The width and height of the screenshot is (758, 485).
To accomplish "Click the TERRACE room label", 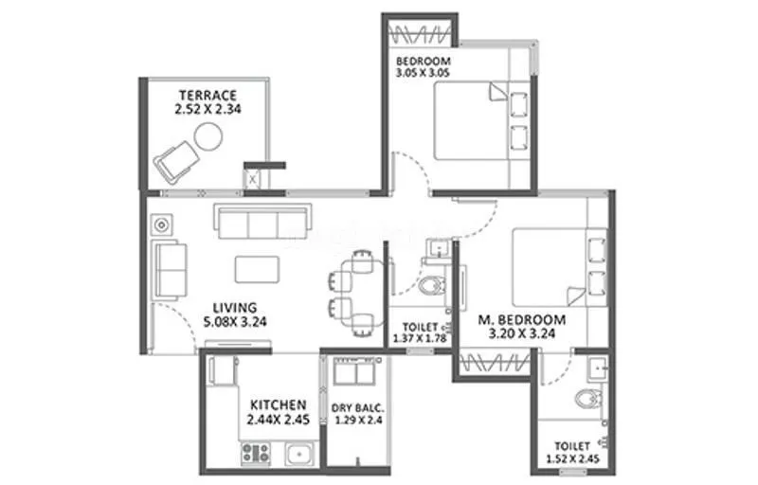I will point(207,95).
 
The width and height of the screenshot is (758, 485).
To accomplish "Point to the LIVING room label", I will point(235,307).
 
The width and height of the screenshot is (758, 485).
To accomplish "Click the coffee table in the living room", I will point(258,268).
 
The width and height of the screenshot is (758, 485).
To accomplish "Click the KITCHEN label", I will point(278,404).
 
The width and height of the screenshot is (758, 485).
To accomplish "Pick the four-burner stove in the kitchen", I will point(257,453).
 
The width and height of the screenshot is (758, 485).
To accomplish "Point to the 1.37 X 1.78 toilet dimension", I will point(419,338).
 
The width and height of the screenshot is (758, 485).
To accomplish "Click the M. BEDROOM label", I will point(522,319).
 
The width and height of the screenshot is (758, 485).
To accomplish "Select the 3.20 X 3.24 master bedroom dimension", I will point(522,334).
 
